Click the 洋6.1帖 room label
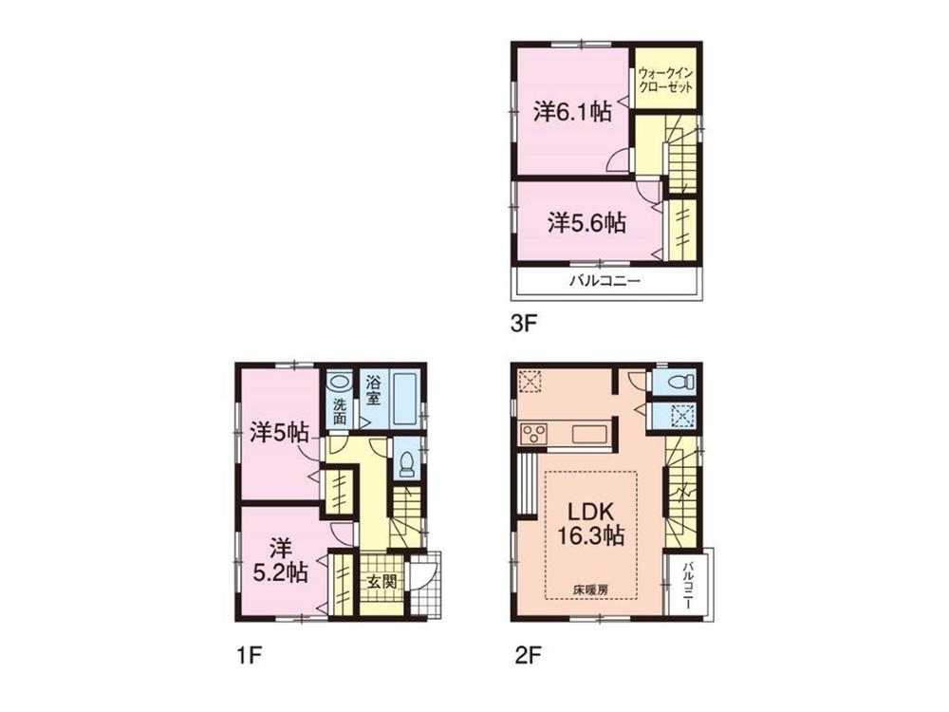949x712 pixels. (x=571, y=111)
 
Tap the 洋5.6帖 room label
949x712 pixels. (x=586, y=223)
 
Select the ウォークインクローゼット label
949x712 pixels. (x=666, y=79)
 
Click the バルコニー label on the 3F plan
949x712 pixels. (x=605, y=281)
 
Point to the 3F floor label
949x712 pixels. (x=525, y=323)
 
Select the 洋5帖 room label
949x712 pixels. (x=279, y=433)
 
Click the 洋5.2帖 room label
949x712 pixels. (x=279, y=560)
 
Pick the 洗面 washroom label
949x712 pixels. (x=339, y=409)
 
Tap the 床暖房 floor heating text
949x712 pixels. (x=590, y=589)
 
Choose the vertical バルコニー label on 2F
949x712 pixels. (x=685, y=584)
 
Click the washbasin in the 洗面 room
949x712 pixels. (x=338, y=384)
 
